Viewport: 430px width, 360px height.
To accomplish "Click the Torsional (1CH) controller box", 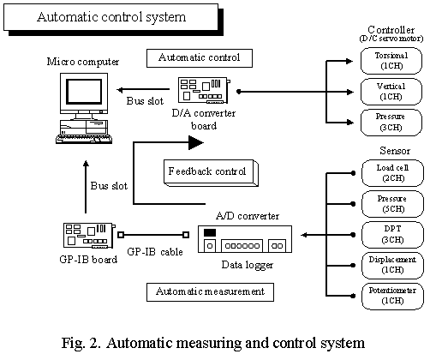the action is (391, 61).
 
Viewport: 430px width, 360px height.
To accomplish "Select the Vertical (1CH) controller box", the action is (391, 92).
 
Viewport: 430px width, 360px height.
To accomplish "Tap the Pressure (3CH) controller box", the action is (391, 123).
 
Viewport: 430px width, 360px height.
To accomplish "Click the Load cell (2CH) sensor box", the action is (392, 173).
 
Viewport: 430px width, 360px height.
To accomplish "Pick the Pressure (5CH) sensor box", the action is (392, 204).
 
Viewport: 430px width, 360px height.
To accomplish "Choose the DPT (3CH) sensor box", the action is (392, 235).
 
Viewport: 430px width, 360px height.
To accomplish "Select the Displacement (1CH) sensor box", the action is (392, 266).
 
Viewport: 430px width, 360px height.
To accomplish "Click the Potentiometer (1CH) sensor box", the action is (392, 297).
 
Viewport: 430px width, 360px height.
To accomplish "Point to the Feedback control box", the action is (211, 173).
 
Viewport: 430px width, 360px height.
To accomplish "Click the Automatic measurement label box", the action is (210, 292).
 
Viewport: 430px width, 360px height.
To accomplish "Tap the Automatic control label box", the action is (200, 58).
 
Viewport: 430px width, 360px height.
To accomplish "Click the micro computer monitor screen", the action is (84, 92).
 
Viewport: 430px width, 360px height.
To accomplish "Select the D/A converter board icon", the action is (204, 90).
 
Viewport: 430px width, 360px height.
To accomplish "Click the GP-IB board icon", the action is (89, 236).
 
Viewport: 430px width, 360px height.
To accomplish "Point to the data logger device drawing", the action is (245, 239).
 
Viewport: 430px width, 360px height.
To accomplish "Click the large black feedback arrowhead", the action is (196, 142).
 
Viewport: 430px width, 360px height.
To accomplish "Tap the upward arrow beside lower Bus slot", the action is (86, 187).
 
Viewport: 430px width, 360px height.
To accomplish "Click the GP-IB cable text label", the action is (155, 252).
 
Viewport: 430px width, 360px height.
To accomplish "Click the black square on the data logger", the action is (210, 232).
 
